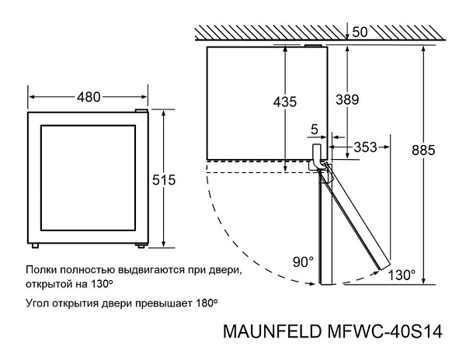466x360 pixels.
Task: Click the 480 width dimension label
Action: pos(89,97)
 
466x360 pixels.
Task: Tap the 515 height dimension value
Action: pos(164,180)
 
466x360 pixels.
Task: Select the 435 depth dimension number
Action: pos(285,102)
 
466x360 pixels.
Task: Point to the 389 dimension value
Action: pos(347,99)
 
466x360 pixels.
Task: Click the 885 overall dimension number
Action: pos(423,151)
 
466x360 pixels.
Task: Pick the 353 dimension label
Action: pos(365,147)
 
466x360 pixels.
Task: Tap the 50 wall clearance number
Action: pos(360,32)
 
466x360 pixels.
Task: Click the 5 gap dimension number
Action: pos(314,130)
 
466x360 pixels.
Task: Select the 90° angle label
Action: pos(303,261)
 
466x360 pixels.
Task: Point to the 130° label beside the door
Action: pos(402,275)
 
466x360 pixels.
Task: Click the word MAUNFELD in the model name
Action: pos(272,331)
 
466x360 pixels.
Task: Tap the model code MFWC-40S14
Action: pos(385,331)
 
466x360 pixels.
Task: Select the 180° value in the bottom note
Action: pos(207,303)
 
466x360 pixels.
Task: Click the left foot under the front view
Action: pos(35,246)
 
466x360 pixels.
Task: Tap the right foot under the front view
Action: pos(141,245)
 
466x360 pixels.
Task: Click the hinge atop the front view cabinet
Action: pos(141,111)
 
